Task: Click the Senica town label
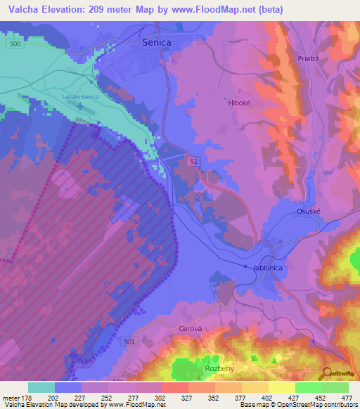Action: (156, 42)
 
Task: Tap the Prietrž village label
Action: (309, 59)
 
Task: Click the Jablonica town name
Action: (267, 268)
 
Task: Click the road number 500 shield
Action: (15, 43)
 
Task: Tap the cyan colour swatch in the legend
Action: (41, 387)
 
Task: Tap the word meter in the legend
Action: (11, 397)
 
